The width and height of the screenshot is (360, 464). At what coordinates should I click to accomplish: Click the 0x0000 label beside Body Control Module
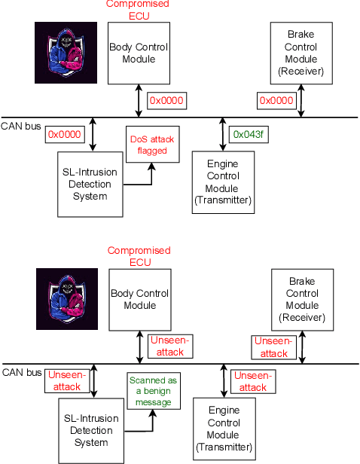tap(166, 100)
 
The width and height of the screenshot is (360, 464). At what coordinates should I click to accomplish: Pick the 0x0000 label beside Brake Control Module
tap(276, 100)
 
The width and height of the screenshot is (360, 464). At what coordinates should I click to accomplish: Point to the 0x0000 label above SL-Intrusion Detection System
tap(64, 134)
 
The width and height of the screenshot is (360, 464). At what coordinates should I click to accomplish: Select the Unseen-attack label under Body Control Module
tap(170, 346)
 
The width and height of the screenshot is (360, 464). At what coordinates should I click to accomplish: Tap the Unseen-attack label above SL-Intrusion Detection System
tap(67, 380)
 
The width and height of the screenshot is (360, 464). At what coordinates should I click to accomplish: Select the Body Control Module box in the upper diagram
tap(138, 53)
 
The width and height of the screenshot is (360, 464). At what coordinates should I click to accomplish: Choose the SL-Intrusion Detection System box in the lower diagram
tap(90, 431)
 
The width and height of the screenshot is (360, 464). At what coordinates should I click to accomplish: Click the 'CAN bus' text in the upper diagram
tap(21, 126)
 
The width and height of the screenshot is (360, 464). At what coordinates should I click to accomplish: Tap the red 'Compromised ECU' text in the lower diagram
tap(139, 256)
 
